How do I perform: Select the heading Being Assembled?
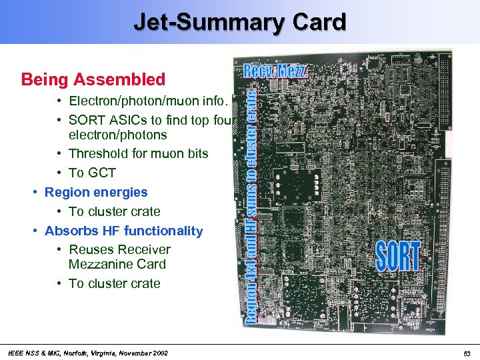[x=93, y=80]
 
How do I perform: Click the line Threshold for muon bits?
[x=138, y=153]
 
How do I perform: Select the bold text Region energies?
[x=96, y=192]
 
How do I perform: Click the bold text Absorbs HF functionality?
[x=123, y=231]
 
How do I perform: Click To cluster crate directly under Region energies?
[x=114, y=211]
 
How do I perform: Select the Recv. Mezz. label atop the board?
[x=277, y=70]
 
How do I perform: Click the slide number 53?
[x=467, y=353]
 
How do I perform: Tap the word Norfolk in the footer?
[x=70, y=353]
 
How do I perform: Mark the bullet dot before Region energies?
[x=35, y=193]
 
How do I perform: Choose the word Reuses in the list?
[x=89, y=249]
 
